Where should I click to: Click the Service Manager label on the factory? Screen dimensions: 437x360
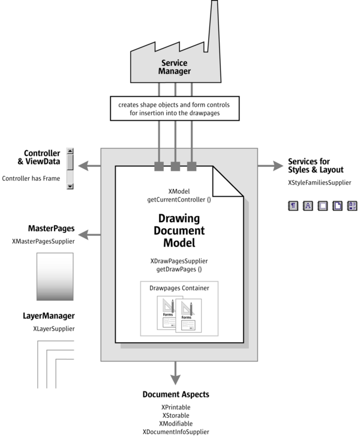click(x=175, y=67)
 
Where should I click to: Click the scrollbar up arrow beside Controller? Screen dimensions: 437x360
click(x=70, y=152)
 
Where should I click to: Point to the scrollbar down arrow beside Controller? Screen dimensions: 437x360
click(x=70, y=186)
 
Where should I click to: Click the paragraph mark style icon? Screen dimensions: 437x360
click(x=293, y=206)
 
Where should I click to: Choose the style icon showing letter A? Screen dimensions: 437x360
click(x=308, y=206)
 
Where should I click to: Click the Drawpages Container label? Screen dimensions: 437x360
click(x=179, y=288)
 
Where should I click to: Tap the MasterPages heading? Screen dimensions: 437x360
click(x=51, y=229)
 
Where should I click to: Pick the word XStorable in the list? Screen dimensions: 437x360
click(x=176, y=415)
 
